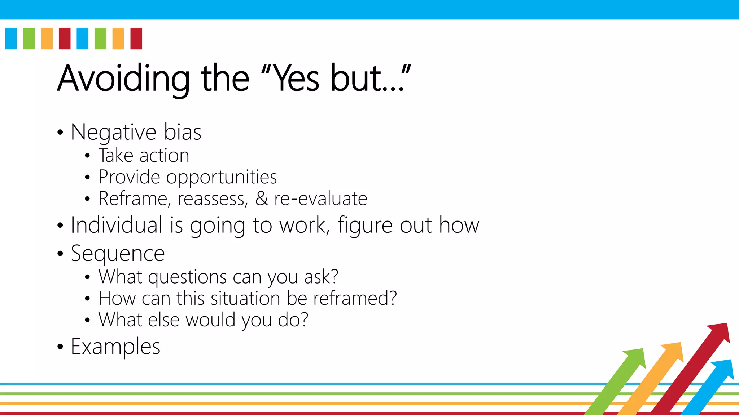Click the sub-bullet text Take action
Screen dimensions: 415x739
click(144, 156)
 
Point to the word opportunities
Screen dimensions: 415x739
click(221, 177)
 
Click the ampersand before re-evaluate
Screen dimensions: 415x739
click(262, 198)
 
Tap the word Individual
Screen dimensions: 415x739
click(116, 225)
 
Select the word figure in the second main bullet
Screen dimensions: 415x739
click(364, 226)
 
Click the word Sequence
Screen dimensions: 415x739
click(118, 254)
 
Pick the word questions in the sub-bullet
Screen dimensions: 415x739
click(187, 277)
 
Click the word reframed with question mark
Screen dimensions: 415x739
click(355, 298)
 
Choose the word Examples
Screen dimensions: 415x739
click(115, 347)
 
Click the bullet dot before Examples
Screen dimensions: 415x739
click(60, 347)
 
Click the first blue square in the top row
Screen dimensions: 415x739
click(11, 39)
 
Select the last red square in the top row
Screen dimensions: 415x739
click(136, 39)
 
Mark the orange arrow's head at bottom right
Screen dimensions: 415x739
click(673, 351)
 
